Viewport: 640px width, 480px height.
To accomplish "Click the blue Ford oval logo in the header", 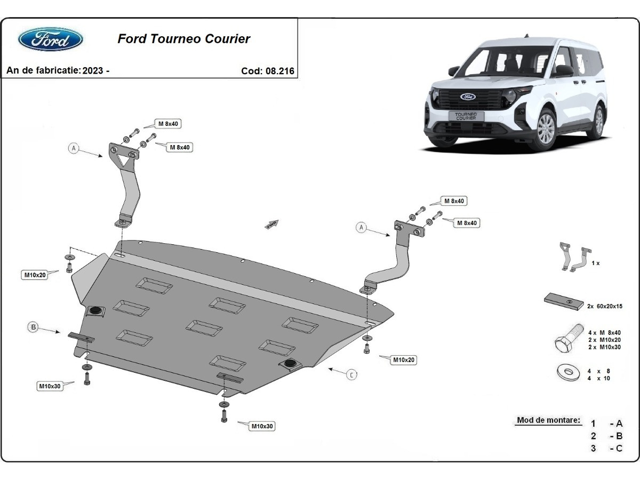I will pos(51,39).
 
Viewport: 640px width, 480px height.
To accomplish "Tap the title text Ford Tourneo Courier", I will pos(183,38).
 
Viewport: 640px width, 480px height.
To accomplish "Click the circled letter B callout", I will pos(33,327).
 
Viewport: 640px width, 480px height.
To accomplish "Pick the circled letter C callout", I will pos(352,375).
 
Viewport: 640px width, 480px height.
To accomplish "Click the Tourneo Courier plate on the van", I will pos(466,116).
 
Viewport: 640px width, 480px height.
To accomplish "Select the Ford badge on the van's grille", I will pos(468,97).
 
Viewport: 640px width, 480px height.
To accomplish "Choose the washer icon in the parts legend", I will pos(568,373).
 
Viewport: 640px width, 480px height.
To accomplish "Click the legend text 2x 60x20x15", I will pos(604,307).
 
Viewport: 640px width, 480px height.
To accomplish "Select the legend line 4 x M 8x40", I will pos(604,333).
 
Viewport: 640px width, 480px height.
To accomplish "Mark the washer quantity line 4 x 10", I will pos(599,378).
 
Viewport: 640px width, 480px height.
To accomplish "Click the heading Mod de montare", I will pos(548,420).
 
